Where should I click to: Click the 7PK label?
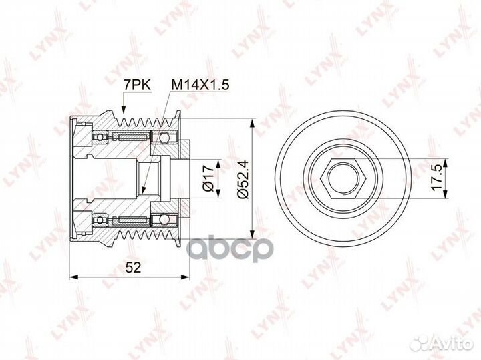click(137, 85)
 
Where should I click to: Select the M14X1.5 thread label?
click(200, 85)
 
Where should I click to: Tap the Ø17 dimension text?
click(208, 178)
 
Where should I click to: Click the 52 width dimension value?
click(133, 267)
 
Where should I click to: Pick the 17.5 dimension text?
click(436, 178)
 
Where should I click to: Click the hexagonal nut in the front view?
click(343, 178)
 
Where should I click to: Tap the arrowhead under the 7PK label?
click(124, 110)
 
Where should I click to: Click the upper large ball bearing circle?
click(164, 137)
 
